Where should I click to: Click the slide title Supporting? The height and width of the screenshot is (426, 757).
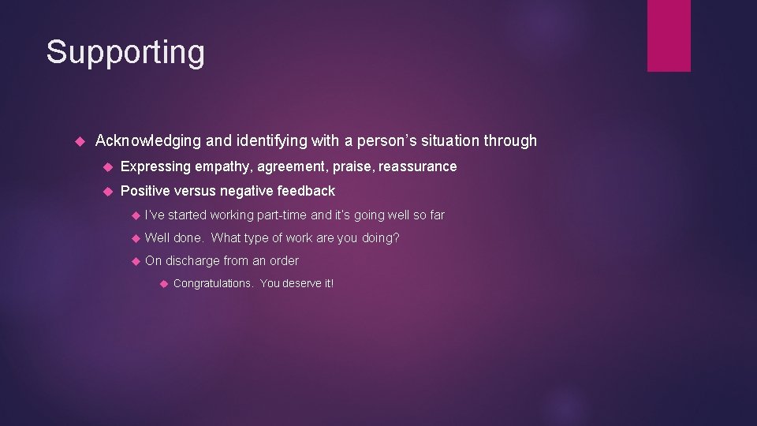[x=125, y=53]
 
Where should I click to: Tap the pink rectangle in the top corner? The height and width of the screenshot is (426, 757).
[x=669, y=35]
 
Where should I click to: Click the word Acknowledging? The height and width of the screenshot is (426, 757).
[x=147, y=141]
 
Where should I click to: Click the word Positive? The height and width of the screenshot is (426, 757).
[x=147, y=191]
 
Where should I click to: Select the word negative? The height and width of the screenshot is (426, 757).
[x=248, y=191]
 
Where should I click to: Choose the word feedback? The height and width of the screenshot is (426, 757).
[x=306, y=191]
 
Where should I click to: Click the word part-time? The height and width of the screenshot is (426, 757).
[x=282, y=215]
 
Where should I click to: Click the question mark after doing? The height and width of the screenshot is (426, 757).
[x=397, y=237]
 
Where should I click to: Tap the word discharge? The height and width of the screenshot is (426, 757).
[x=194, y=260]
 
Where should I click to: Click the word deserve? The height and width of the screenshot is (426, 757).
[x=300, y=283]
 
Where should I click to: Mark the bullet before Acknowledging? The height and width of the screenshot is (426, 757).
[x=80, y=142]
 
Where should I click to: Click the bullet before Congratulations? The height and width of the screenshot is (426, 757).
[x=163, y=283]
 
